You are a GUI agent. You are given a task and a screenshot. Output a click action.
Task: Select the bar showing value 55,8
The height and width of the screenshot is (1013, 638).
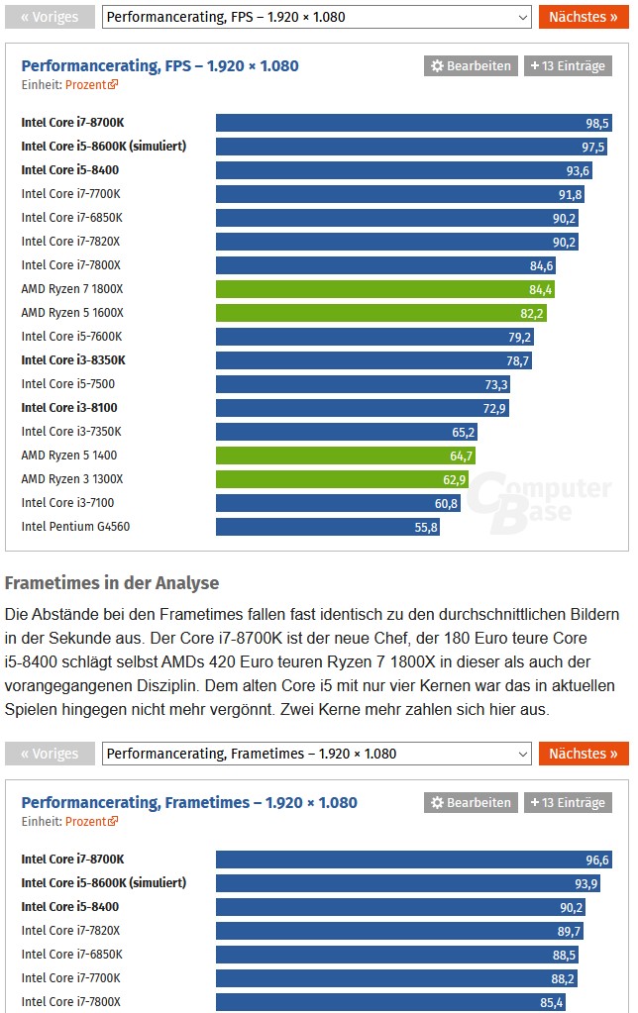coord(327,527)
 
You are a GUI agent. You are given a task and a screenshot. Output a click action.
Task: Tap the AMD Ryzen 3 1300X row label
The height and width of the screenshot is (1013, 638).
coord(72,479)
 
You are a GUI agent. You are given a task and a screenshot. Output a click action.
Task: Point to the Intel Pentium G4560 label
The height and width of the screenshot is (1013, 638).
coord(75,527)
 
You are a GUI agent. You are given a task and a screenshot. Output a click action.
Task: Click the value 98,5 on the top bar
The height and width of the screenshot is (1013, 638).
coord(597,123)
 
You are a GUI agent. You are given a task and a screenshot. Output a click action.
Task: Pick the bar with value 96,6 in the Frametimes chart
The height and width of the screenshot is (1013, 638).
coord(414,860)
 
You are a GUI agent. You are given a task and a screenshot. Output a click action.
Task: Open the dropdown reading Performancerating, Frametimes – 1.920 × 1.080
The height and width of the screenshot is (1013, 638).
coord(317,754)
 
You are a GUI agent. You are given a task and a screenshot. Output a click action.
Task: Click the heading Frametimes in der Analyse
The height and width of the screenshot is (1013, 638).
coord(112,583)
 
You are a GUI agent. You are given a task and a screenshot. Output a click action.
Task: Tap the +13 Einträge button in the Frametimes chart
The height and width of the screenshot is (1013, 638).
coord(568,802)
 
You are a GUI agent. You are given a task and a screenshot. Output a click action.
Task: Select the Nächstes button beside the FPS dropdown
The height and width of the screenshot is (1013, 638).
coord(584,17)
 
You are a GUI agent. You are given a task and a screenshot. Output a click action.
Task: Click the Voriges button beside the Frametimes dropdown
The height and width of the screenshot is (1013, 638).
coord(50,754)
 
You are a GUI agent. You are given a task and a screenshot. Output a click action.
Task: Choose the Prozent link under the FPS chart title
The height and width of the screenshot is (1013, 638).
coord(91,85)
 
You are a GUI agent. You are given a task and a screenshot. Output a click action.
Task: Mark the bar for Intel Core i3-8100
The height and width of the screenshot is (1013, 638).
coord(363,408)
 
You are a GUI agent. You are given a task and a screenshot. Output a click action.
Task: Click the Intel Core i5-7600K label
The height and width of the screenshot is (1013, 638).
coord(71,337)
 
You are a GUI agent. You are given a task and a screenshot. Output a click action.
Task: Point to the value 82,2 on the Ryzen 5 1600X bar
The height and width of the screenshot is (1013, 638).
coord(532,313)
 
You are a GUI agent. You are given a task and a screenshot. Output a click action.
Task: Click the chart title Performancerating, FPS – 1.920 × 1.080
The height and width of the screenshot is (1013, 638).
coord(159,66)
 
